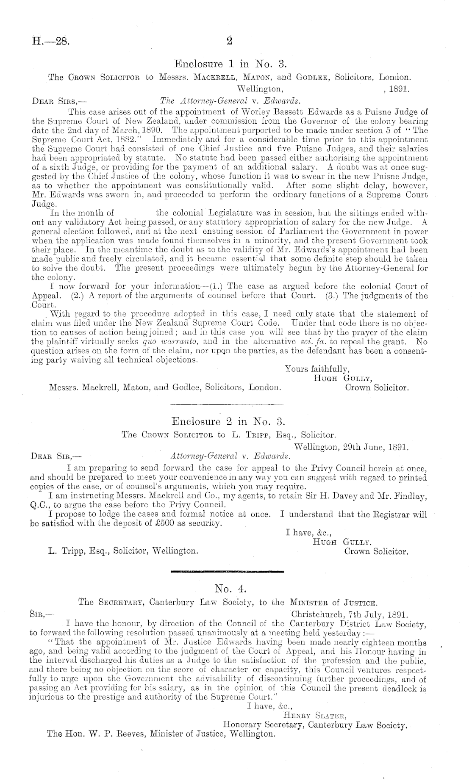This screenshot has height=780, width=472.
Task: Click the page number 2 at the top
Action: pyautogui.click(x=230, y=41)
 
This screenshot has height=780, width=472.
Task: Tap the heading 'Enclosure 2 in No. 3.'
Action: pyautogui.click(x=229, y=421)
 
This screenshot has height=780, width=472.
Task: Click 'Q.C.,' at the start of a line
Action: pyautogui.click(x=40, y=505)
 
